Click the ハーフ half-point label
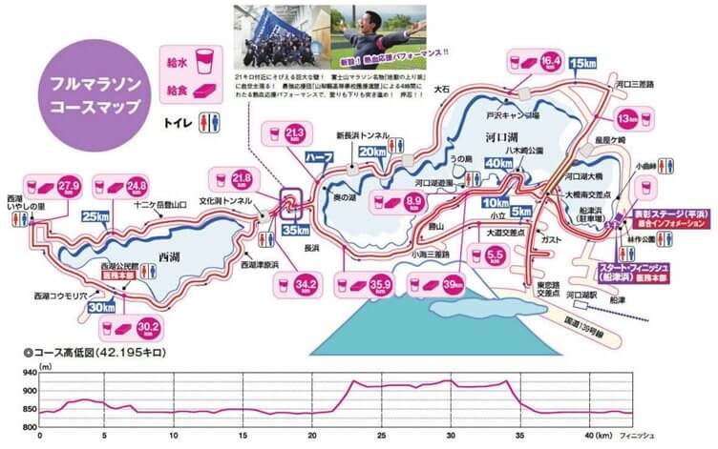[316, 154]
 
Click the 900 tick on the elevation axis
[26, 391]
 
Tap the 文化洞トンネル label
[226, 202]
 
